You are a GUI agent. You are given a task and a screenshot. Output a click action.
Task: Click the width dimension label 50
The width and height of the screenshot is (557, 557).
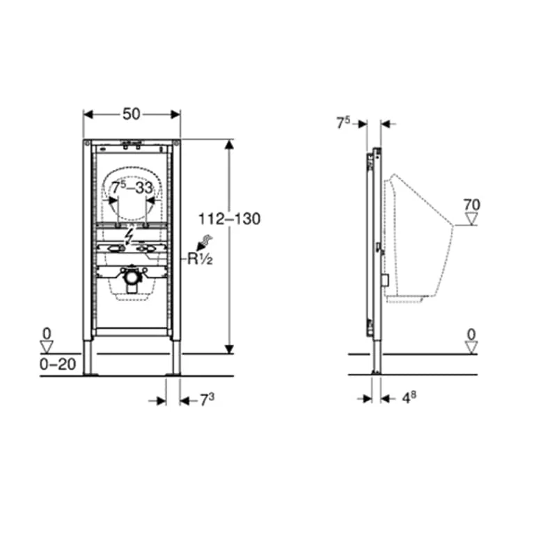click(x=132, y=114)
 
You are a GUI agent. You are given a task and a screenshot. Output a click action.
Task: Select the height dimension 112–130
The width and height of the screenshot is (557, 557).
click(x=229, y=219)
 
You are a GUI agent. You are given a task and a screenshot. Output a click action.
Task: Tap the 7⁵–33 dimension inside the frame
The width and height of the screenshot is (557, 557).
click(x=132, y=188)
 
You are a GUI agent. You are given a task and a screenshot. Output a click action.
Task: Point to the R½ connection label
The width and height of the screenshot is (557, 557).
click(x=200, y=259)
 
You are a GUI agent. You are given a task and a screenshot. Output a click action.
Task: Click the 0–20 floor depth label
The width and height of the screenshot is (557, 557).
click(x=58, y=364)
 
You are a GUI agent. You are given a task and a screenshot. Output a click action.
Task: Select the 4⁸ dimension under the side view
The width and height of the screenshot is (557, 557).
click(x=409, y=398)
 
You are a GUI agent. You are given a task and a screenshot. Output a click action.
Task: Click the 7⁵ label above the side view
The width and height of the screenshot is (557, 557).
click(x=343, y=123)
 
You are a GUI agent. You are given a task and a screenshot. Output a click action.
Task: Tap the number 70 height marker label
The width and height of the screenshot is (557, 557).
click(x=472, y=205)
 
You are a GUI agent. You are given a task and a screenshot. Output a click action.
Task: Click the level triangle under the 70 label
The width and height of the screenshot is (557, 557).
click(x=472, y=219)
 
